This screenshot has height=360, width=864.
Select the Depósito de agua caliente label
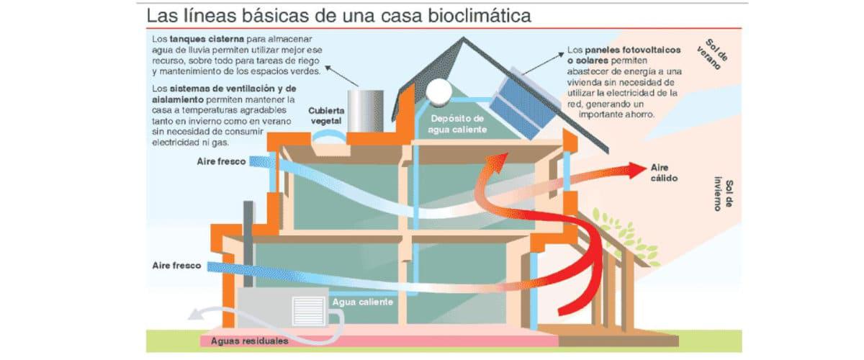click(458, 123)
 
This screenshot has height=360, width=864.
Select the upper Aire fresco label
click(221, 161)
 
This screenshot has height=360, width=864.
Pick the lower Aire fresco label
click(177, 266)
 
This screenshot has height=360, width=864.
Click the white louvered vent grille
click(310, 310)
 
